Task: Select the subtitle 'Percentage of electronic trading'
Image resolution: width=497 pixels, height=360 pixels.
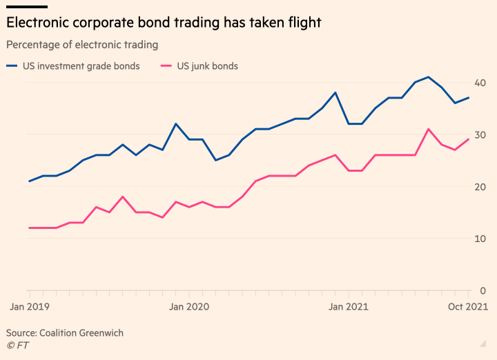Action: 81,45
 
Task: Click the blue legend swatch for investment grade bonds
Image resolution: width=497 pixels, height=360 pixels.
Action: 12,66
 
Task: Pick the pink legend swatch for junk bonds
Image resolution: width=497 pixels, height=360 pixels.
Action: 166,66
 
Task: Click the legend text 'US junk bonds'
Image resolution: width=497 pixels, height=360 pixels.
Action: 208,66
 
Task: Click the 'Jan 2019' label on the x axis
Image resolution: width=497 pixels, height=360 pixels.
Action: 28,306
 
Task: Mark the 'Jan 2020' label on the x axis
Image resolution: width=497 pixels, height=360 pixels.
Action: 188,306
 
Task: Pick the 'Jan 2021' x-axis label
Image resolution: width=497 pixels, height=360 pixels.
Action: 348,306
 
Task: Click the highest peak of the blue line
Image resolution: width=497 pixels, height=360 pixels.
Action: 429,77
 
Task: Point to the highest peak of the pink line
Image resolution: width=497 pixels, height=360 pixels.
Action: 429,129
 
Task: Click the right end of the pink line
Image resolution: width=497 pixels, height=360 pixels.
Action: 469,139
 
